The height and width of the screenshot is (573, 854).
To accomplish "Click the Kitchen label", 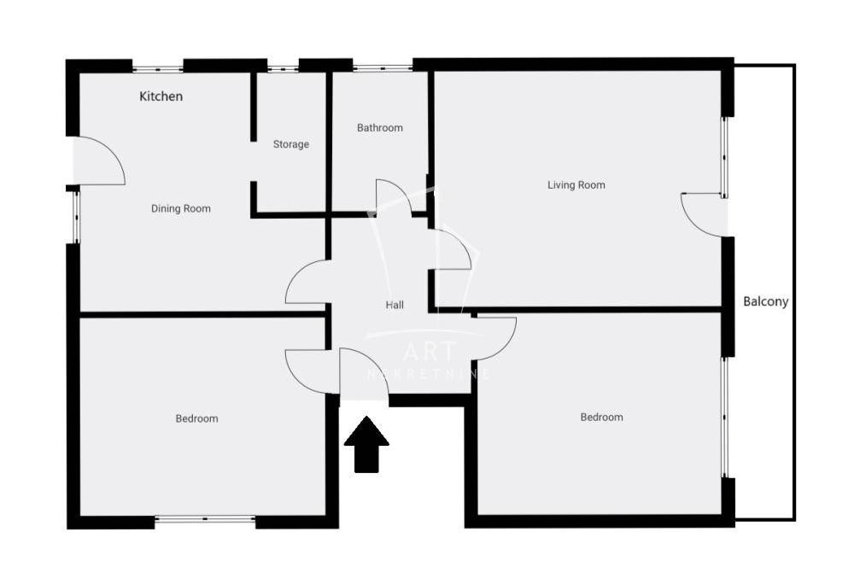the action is [x=161, y=96].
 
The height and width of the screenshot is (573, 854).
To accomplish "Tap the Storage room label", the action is [x=291, y=144].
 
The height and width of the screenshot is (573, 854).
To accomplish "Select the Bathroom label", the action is [x=380, y=128].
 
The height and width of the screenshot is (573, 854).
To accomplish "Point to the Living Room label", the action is [x=576, y=185].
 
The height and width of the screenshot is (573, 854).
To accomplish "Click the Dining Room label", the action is [x=181, y=208].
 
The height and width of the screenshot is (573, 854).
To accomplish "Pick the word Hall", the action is [x=395, y=305].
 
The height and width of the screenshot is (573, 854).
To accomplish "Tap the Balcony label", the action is [x=766, y=301].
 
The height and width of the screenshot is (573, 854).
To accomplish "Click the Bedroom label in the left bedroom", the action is [x=196, y=418].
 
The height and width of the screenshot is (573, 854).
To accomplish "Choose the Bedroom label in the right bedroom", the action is [x=601, y=418].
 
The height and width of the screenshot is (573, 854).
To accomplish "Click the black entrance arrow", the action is [x=366, y=444].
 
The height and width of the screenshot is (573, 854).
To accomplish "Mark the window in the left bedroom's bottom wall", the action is [x=205, y=519].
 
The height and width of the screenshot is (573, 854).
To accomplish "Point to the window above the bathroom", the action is [x=383, y=68].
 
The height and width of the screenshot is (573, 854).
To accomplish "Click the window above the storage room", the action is [x=283, y=68].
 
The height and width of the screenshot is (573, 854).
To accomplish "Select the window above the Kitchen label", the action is [x=157, y=68].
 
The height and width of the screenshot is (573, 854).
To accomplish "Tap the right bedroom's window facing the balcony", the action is [x=724, y=418].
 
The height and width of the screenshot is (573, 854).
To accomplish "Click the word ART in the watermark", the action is [x=430, y=352].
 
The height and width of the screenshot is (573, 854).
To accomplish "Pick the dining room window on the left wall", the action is [x=76, y=217].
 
